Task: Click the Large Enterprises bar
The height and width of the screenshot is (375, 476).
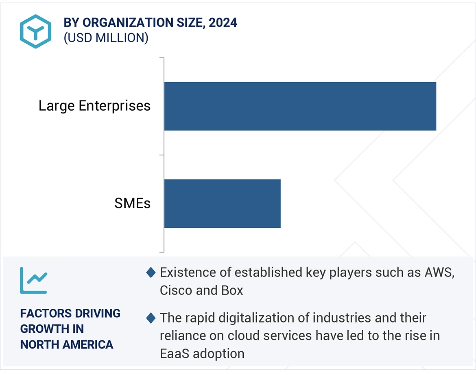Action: point(300,106)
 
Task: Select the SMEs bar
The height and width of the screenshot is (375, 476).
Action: point(222,203)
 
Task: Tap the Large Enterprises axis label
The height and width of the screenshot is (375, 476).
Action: point(94,106)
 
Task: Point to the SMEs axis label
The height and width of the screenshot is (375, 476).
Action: point(132,203)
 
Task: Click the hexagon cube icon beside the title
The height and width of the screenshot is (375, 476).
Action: point(35,31)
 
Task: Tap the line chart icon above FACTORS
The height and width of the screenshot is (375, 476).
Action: point(33,280)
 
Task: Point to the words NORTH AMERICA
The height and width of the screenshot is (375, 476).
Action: point(67,344)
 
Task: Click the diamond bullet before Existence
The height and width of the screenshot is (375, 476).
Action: point(151,273)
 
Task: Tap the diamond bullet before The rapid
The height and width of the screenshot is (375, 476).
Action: point(151,318)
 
